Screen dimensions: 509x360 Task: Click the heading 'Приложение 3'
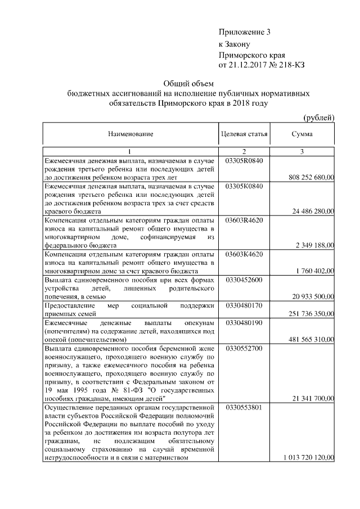[245, 32]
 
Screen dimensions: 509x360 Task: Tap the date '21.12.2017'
[248, 65]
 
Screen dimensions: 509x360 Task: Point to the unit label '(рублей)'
[319, 117]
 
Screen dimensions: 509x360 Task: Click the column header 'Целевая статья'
[244, 134]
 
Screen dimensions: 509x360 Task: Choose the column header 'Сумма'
[302, 134]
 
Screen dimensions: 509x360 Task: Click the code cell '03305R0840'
[244, 161]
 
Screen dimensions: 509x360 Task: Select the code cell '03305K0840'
[244, 185]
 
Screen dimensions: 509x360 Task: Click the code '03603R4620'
[244, 220]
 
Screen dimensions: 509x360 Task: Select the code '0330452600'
[244, 280]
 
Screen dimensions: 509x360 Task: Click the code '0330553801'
[244, 407]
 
